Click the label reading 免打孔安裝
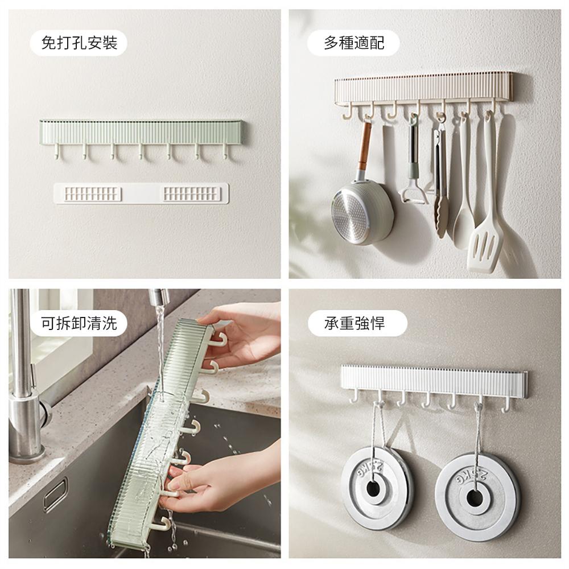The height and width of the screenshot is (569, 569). point(79,43)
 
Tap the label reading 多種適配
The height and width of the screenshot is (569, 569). point(354,43)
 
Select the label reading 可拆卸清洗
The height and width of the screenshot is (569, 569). point(79,323)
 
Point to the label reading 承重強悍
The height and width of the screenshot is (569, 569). point(354,323)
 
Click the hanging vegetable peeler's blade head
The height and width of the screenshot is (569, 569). point(414,194)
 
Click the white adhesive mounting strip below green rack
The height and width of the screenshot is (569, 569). point(141,193)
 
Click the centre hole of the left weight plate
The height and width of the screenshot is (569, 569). point(373,489)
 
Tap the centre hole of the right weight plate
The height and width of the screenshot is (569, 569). point(475,498)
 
